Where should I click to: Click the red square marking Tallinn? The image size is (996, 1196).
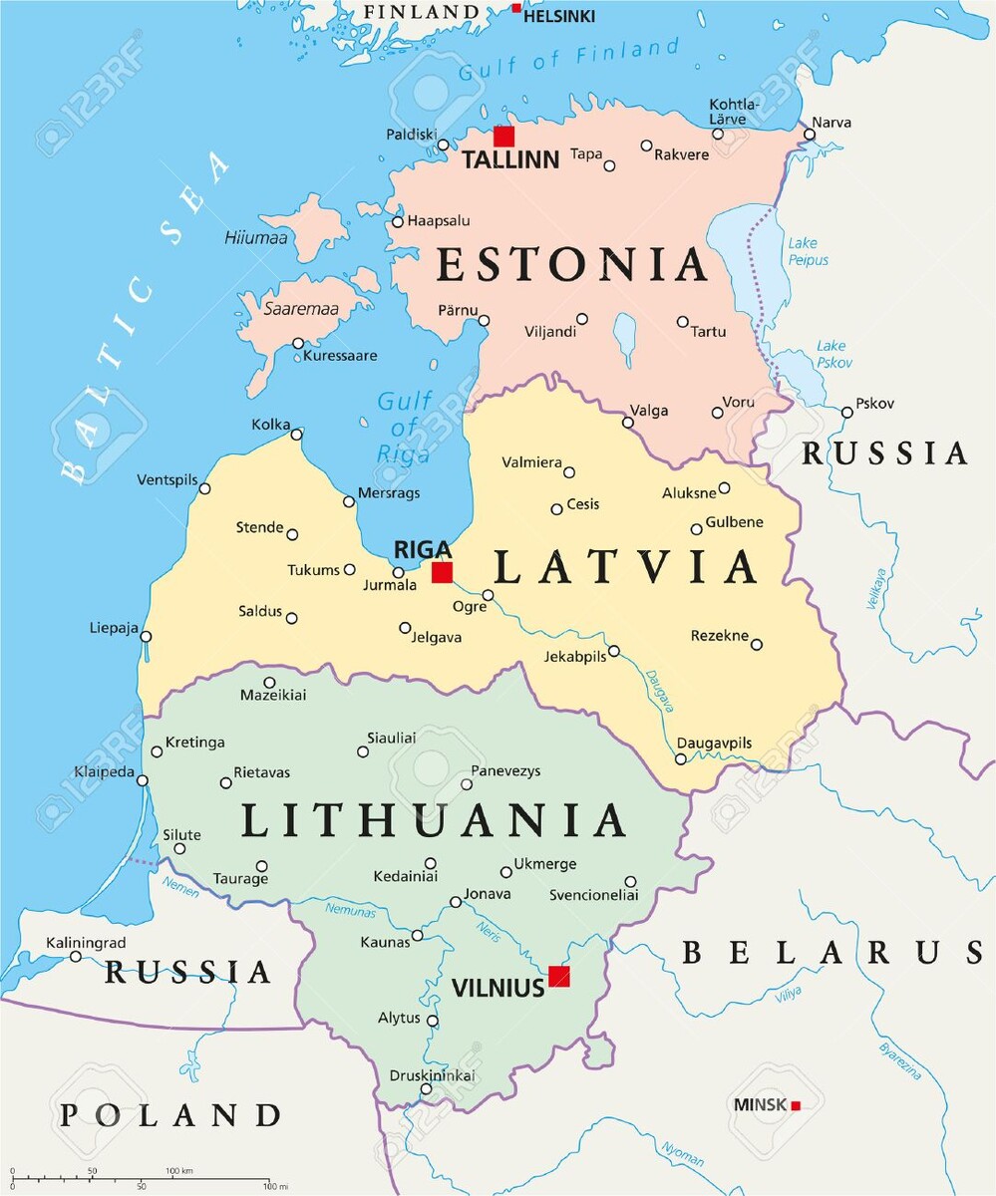(x=503, y=137)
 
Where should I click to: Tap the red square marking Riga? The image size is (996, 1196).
(x=442, y=572)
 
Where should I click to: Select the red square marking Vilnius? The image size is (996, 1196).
(x=559, y=976)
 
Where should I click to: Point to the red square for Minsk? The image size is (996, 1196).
(x=796, y=1104)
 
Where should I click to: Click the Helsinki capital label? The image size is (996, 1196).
(x=559, y=16)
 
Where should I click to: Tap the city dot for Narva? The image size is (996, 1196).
(x=810, y=135)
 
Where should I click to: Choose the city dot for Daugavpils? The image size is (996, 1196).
(x=681, y=759)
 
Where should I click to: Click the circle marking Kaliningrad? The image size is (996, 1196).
(x=76, y=957)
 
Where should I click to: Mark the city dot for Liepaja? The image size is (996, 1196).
(x=146, y=636)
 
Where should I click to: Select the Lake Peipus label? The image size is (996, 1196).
(x=808, y=251)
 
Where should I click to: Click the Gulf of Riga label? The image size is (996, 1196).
(x=404, y=428)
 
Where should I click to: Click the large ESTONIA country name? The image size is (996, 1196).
(x=572, y=265)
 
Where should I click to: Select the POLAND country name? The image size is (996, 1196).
(x=169, y=1114)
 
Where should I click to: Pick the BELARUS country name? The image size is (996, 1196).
(x=832, y=953)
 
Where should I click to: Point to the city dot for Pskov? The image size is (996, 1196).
(x=846, y=413)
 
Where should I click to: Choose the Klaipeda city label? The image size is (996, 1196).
(x=104, y=772)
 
